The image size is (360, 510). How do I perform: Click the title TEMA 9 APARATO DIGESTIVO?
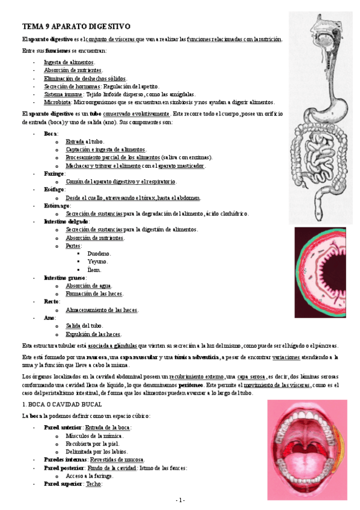(76, 27)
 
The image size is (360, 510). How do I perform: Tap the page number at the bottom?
(180, 500)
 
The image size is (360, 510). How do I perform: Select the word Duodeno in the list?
(99, 254)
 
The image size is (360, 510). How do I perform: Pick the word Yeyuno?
(97, 262)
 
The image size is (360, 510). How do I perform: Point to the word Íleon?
(95, 270)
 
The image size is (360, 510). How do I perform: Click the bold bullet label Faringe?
(53, 173)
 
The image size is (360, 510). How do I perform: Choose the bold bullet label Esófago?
(53, 189)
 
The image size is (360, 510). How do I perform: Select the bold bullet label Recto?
(51, 301)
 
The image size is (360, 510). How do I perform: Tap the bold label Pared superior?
(63, 484)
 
